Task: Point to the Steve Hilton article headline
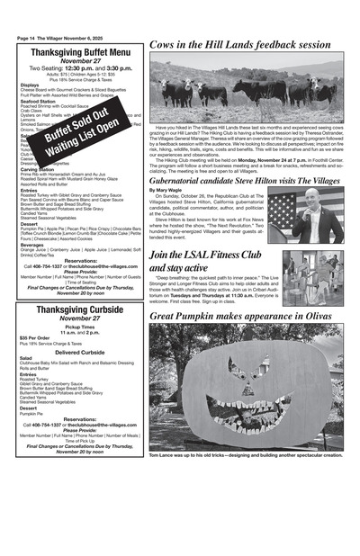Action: [x=245, y=180]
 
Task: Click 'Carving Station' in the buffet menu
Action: [x=39, y=168]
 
